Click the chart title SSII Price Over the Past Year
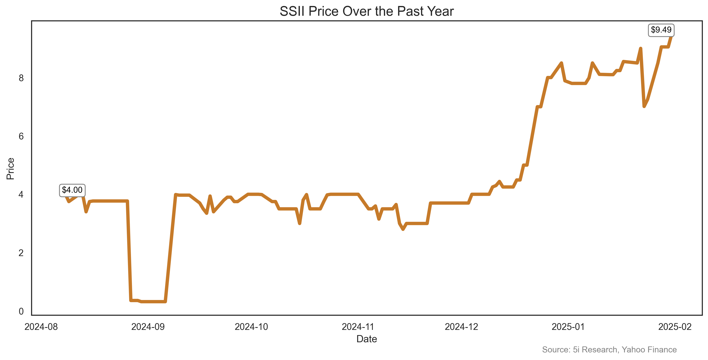[x=366, y=12]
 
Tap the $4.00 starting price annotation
[x=72, y=190]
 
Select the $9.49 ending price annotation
[x=661, y=30]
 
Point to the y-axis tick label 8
[x=21, y=78]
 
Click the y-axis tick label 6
[x=21, y=136]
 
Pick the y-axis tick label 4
[x=21, y=195]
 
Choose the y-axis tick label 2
[x=21, y=253]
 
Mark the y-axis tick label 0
[x=21, y=311]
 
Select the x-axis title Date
[x=366, y=339]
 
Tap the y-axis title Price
[x=10, y=169]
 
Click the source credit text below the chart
[x=609, y=350]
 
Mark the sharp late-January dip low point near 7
[x=644, y=106]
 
